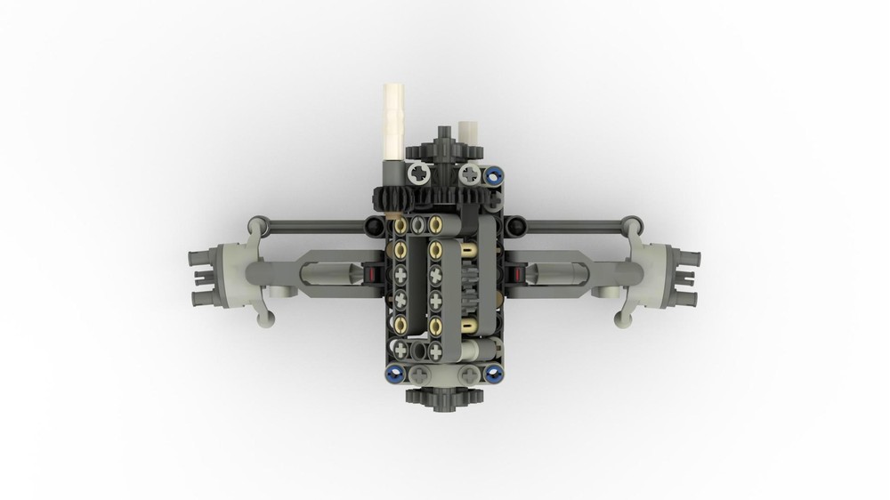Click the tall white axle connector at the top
click(393, 120)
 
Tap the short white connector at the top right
click(468, 133)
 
